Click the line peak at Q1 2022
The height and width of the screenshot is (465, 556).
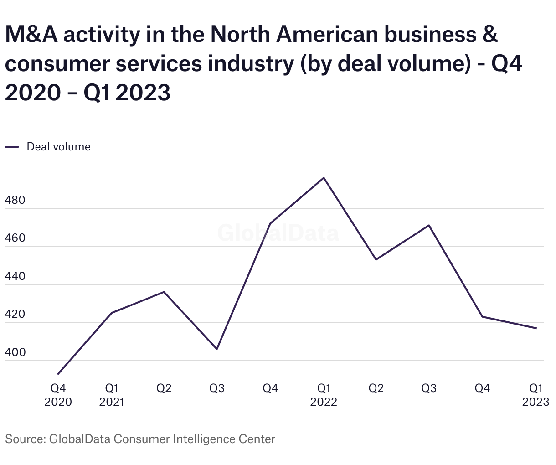324,178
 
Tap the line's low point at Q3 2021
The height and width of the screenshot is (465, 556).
217,349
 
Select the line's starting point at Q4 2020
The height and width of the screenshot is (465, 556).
58,374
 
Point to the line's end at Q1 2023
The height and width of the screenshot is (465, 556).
536,328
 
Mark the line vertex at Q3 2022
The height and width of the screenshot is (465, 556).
429,225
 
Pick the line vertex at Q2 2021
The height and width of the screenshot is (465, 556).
164,292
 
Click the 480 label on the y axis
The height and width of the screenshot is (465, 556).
15,201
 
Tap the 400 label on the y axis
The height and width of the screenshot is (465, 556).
15,352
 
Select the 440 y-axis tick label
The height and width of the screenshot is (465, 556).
15,277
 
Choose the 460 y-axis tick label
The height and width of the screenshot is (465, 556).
15,238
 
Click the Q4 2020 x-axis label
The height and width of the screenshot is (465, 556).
58,395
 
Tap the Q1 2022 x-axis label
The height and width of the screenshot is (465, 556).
324,395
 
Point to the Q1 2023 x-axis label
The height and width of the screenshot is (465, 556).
536,395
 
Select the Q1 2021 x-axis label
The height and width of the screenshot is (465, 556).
112,395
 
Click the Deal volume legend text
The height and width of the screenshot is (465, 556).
58,147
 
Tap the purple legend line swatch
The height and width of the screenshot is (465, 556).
12,147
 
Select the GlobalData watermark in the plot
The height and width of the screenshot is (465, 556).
278,233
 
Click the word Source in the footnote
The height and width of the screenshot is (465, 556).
24,439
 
